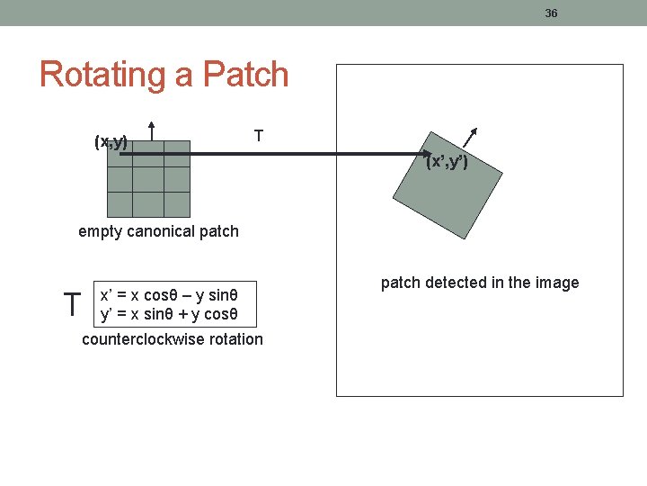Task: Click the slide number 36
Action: tap(551, 13)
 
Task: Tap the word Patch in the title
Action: tap(246, 75)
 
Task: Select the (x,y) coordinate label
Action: tap(111, 141)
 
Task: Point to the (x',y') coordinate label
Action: tap(447, 163)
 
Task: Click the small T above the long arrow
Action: tap(258, 136)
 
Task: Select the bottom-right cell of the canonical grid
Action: tap(176, 204)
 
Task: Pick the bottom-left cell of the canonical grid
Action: tap(120, 204)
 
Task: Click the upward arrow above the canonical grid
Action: tap(151, 131)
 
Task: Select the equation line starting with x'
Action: tap(168, 295)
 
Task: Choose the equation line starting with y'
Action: tap(168, 314)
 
